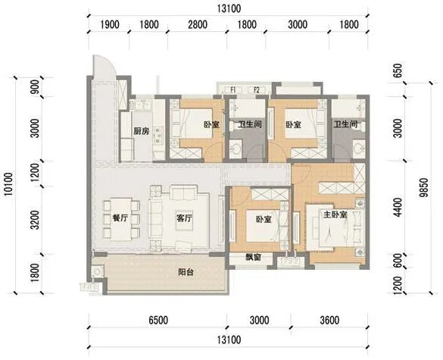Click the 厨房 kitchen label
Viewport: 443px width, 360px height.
(140, 130)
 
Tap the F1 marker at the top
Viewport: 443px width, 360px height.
(235, 89)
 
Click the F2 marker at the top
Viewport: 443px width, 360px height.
(257, 89)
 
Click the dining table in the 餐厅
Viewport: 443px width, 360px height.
(121, 217)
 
